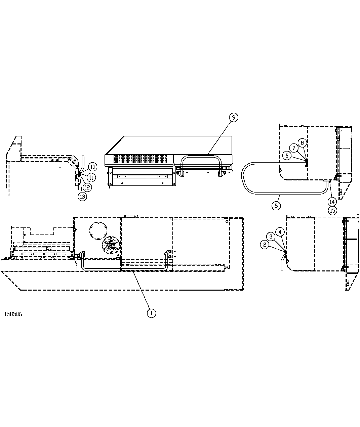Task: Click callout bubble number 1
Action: tap(151, 313)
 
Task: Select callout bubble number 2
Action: tap(265, 245)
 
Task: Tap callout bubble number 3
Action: tap(271, 236)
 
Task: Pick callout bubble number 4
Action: tap(280, 231)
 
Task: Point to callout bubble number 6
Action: tap(287, 156)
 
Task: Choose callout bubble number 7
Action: tap(294, 148)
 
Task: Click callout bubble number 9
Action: tap(234, 117)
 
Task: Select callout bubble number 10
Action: tap(93, 167)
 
